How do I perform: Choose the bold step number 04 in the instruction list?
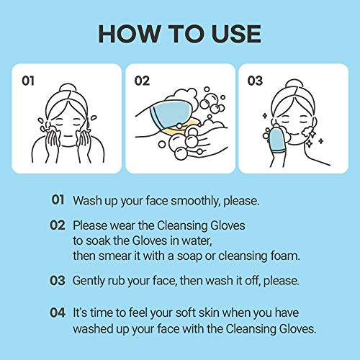coord(59,313)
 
